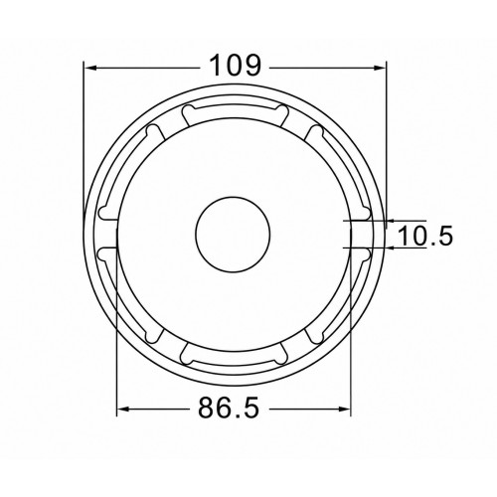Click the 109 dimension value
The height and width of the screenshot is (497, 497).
pyautogui.click(x=236, y=66)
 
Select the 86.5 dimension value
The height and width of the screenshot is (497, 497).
pyautogui.click(x=229, y=408)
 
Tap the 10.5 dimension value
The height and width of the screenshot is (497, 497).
pyautogui.click(x=425, y=236)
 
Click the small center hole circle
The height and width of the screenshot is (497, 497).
pyautogui.click(x=233, y=235)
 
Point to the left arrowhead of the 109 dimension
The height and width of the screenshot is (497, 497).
pyautogui.click(x=90, y=68)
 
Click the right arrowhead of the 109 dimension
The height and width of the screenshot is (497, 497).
pyautogui.click(x=380, y=68)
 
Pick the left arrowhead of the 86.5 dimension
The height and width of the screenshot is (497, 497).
pyautogui.click(x=123, y=410)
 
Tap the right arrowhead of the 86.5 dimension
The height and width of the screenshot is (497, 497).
pyautogui.click(x=345, y=410)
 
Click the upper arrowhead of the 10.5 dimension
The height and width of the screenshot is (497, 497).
pyautogui.click(x=392, y=221)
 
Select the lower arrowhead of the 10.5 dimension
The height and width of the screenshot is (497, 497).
pyautogui.click(x=392, y=248)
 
